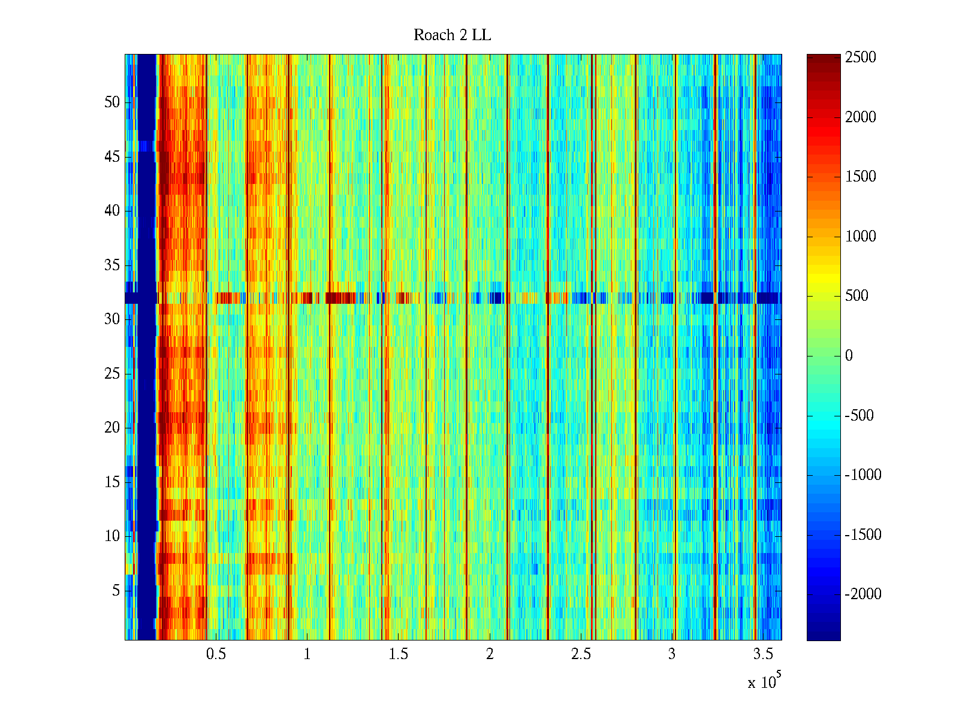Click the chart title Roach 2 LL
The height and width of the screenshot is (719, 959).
[x=452, y=35]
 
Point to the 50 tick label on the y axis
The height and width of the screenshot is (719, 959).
[x=112, y=102]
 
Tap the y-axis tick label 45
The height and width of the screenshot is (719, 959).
[x=112, y=157]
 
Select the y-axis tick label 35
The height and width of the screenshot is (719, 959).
[x=112, y=265]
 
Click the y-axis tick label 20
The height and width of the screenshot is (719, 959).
[x=112, y=428]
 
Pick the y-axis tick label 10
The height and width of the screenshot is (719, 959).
[x=112, y=536]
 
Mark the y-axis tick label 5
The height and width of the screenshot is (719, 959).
[x=116, y=591]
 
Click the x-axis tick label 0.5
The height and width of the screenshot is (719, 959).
[x=216, y=654]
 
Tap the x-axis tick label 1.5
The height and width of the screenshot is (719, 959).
[x=399, y=654]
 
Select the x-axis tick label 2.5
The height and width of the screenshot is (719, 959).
[x=581, y=654]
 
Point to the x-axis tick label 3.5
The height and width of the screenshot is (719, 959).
[x=763, y=654]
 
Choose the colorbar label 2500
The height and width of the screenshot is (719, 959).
[x=861, y=58]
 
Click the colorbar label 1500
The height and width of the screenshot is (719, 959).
[x=861, y=177]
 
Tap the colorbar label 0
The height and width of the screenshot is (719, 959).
[x=849, y=356]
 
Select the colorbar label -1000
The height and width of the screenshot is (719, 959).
[x=863, y=475]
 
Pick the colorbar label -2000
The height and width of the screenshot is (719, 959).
[x=863, y=594]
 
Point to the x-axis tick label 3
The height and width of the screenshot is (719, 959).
[x=672, y=654]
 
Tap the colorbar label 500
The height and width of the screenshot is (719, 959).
[x=857, y=296]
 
